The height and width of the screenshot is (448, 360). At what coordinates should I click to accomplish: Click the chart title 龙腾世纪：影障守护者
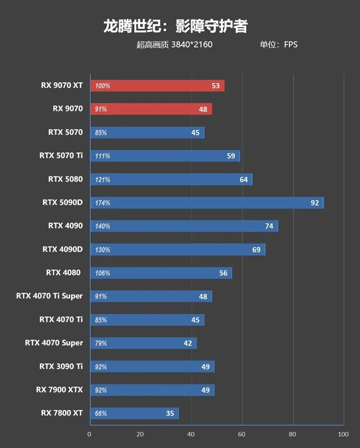coord(175,26)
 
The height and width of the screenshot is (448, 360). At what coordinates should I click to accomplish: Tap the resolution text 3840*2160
coord(191,45)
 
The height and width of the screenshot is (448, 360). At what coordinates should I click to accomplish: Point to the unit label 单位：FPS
coord(278,45)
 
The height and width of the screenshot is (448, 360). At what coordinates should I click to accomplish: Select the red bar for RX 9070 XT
coord(157,86)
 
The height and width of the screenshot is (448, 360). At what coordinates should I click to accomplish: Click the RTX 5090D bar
coord(207,203)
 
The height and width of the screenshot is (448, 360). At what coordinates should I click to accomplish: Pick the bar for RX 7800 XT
coord(135,413)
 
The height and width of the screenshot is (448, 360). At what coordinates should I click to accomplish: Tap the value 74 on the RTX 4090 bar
coord(269,226)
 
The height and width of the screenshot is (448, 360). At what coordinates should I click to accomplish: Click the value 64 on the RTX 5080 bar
coord(243,179)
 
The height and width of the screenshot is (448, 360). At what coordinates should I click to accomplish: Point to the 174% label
coord(103,203)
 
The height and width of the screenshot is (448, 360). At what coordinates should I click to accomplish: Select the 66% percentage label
coord(101,413)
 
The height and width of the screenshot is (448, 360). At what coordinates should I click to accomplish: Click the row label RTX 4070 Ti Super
coord(49,296)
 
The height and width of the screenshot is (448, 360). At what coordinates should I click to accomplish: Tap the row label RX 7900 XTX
coord(59,389)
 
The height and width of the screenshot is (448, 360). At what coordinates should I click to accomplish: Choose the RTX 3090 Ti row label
coord(61,366)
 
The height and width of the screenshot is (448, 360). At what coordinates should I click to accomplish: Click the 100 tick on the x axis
coord(343,434)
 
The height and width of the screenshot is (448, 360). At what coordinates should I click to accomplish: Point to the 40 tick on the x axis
coord(191,434)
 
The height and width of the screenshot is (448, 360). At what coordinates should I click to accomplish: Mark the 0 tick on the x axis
coord(90,434)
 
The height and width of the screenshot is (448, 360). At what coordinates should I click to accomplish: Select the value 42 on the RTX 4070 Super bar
coord(188,343)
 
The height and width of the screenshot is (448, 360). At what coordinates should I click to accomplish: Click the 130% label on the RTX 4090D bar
coord(103,250)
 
